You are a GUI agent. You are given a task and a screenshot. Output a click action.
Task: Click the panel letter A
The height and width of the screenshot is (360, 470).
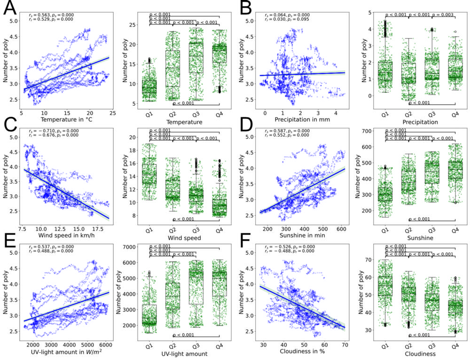tap(10, 8)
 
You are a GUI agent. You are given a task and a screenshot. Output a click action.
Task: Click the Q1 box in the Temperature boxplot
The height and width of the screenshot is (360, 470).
tap(149, 87)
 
